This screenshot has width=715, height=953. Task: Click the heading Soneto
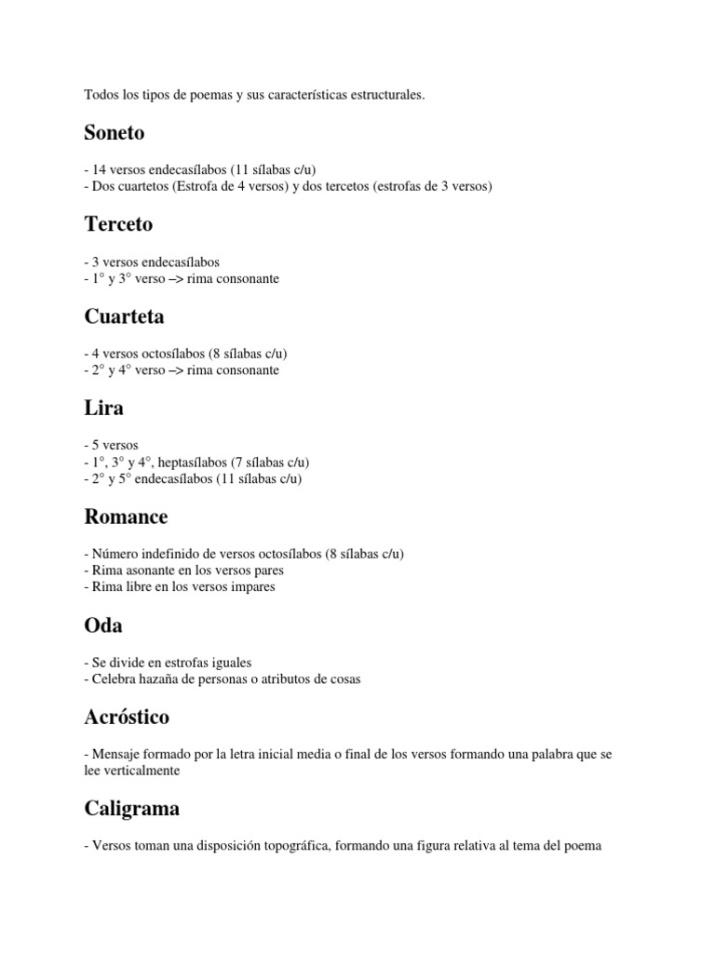pyautogui.click(x=114, y=133)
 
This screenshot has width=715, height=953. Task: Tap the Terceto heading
pyautogui.click(x=117, y=225)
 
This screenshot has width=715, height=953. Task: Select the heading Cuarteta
pyautogui.click(x=124, y=317)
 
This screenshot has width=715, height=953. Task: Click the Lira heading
pyautogui.click(x=103, y=409)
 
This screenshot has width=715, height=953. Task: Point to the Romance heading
pyautogui.click(x=126, y=517)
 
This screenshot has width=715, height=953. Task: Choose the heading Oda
pyautogui.click(x=102, y=626)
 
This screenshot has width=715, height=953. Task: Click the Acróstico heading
pyautogui.click(x=127, y=718)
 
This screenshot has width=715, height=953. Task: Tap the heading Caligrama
pyautogui.click(x=131, y=810)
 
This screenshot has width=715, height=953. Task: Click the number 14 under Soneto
pyautogui.click(x=100, y=169)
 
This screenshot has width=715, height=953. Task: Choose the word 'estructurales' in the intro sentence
pyautogui.click(x=387, y=95)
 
